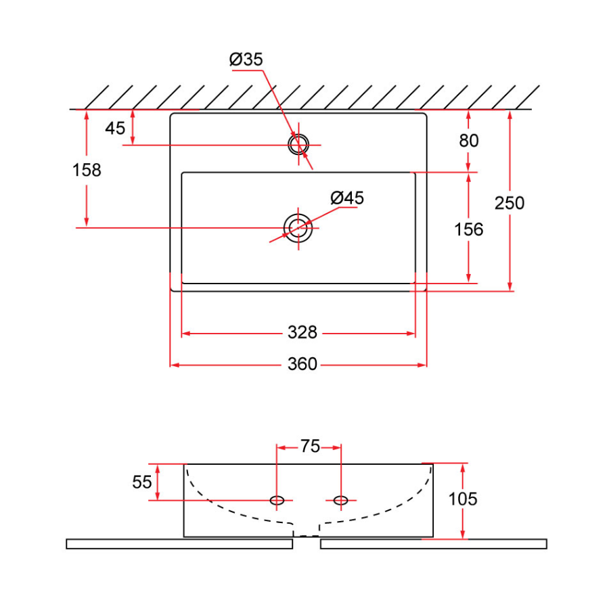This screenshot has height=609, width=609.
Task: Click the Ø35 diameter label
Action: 246,60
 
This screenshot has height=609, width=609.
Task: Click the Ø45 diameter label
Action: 347,198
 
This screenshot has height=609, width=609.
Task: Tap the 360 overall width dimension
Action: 302,365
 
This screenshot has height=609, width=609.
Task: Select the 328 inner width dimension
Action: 302,333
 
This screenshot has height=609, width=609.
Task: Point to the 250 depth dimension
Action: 510,202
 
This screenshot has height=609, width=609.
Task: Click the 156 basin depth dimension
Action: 469,229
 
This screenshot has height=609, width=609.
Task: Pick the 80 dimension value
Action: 469,141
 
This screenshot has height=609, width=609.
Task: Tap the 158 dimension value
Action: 87,170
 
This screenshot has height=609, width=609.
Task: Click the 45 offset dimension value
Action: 116,128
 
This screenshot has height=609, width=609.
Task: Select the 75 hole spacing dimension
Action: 310,447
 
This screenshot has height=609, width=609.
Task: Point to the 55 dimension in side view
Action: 142,482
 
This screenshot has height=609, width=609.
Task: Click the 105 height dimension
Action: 463,499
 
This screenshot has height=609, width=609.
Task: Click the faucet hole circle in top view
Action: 298,143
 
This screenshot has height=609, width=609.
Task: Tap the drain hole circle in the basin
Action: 298,228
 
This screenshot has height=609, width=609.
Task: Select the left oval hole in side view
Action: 277,500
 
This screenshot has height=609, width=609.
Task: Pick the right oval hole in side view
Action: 341,500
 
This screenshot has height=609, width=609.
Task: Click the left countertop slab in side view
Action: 179,543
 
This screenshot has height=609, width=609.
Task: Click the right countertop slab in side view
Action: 433,543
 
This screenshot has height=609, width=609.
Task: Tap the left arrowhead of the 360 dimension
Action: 173,365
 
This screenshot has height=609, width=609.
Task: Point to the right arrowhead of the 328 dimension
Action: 411,334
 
